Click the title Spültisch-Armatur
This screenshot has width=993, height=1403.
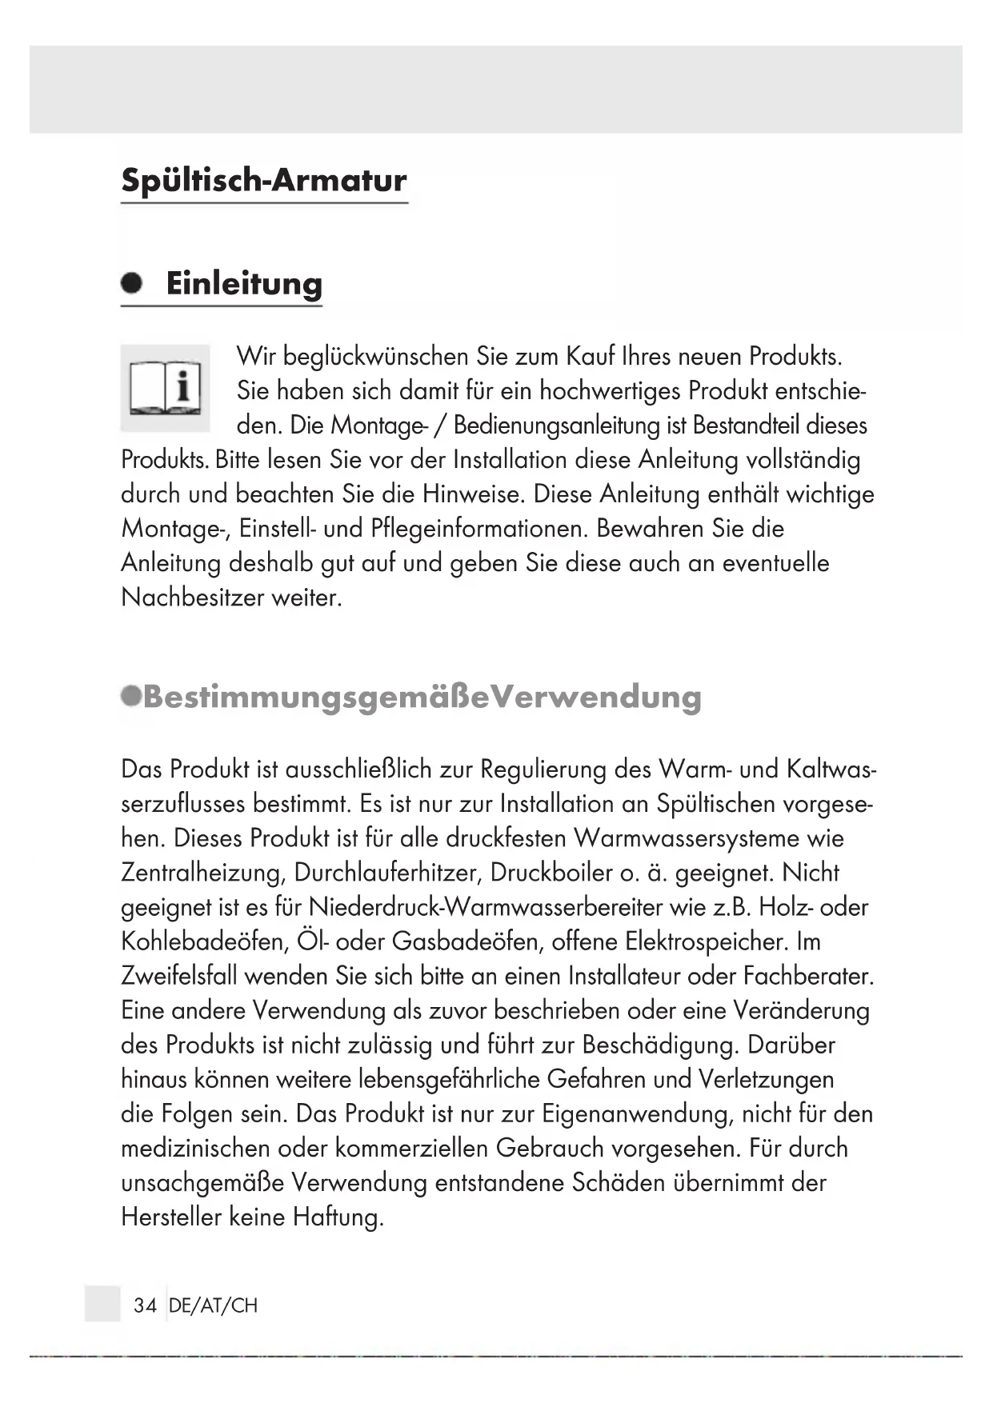264,181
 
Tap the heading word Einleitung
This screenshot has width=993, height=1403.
244,284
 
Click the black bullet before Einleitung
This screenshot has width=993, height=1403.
131,283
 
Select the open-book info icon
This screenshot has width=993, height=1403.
166,389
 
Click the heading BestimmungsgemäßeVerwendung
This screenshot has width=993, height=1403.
422,698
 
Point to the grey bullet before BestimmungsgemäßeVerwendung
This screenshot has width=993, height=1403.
130,696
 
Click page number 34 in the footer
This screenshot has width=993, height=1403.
145,1305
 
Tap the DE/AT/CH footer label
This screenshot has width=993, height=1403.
214,1305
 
